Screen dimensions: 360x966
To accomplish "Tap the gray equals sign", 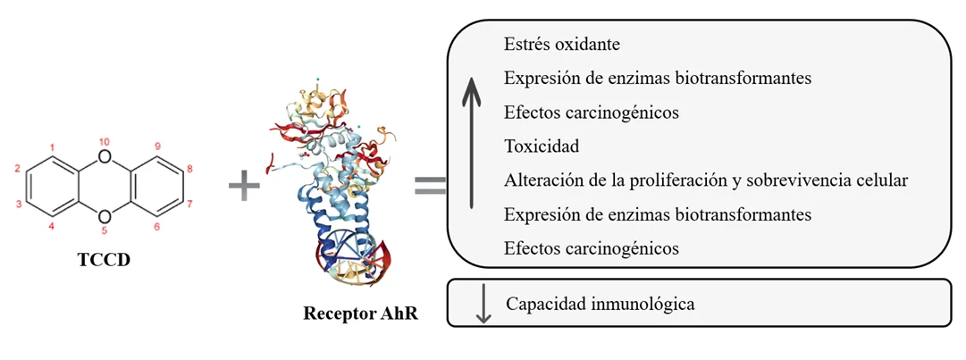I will click(429, 186).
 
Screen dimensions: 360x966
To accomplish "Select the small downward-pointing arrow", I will click(483, 305).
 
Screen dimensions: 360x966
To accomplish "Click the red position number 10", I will click(105, 142).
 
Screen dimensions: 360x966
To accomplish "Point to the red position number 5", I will click(105, 230).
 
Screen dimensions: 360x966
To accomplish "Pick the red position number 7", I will click(189, 204).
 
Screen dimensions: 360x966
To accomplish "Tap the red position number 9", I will click(157, 147).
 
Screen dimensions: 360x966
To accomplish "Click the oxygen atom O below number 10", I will click(105, 158).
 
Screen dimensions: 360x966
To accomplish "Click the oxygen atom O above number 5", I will click(105, 215).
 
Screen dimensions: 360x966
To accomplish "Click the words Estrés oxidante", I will click(561, 43).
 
